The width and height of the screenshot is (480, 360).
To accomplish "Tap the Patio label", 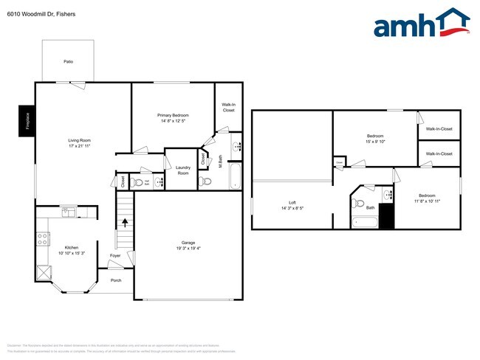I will [x=68, y=62].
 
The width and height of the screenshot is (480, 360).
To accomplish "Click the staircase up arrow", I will [x=125, y=221].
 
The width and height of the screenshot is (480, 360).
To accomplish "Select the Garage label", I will [x=188, y=243].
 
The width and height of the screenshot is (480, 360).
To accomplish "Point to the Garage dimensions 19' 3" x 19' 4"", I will [x=188, y=249].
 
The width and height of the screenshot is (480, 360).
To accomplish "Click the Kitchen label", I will [x=71, y=247].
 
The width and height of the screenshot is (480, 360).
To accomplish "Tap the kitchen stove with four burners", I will [x=43, y=239].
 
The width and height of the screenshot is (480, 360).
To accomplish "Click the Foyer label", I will [x=115, y=256].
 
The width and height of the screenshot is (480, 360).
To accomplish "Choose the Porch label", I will [x=116, y=280].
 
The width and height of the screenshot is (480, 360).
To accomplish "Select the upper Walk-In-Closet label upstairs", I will [x=439, y=129].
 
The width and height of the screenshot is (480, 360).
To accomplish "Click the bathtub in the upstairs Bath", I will [x=365, y=221].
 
